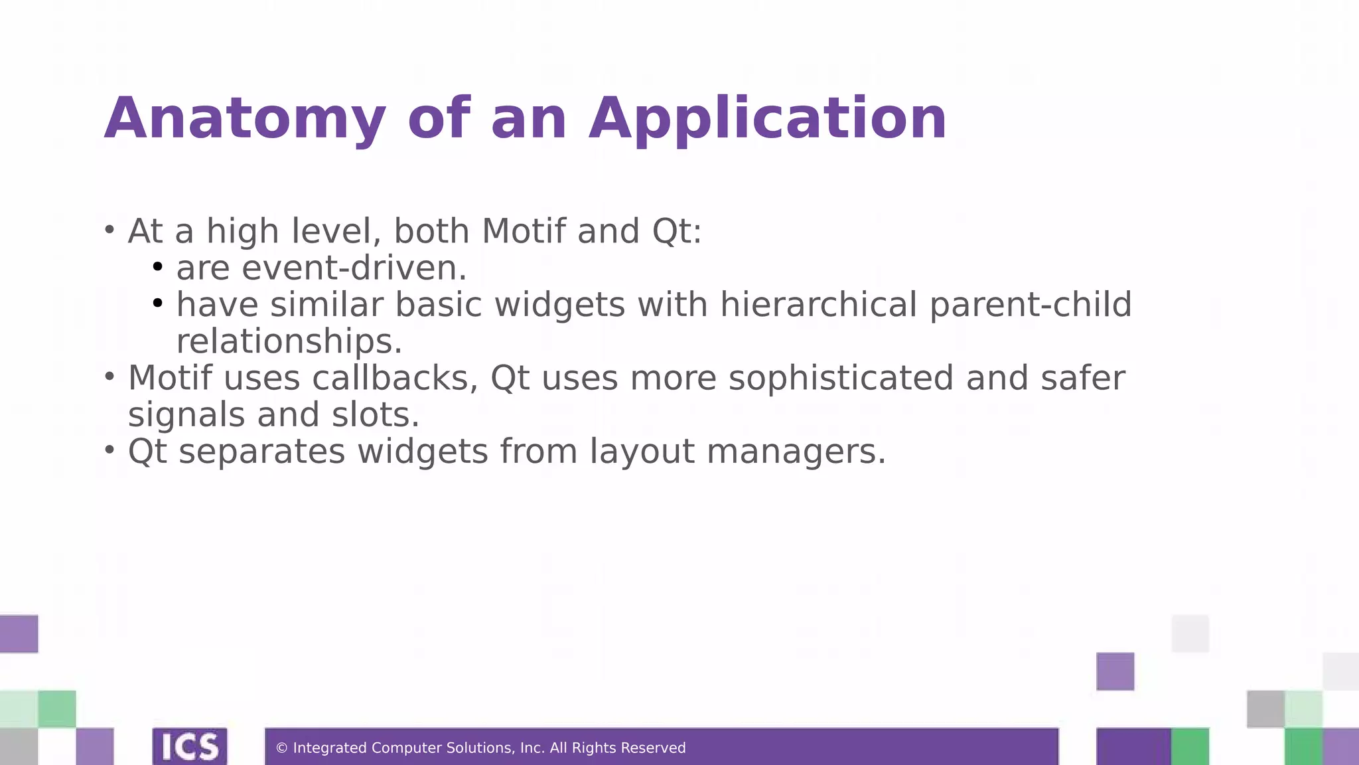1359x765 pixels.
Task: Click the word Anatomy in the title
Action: pyautogui.click(x=245, y=120)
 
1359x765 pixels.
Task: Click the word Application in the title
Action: pyautogui.click(x=768, y=120)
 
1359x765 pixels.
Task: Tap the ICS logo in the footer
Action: pyautogui.click(x=190, y=747)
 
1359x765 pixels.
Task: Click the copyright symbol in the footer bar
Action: pyautogui.click(x=281, y=748)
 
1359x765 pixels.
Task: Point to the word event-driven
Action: pyautogui.click(x=354, y=268)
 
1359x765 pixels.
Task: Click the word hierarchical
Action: pyautogui.click(x=818, y=305)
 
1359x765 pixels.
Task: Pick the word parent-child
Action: pyautogui.click(x=1031, y=305)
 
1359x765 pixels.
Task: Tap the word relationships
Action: pyautogui.click(x=289, y=342)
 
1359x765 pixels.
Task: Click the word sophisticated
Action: pyautogui.click(x=841, y=379)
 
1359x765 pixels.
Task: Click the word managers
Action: pyautogui.click(x=796, y=452)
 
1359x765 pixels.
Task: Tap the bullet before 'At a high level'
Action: pyautogui.click(x=109, y=230)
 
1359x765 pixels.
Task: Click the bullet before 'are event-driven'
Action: pyautogui.click(x=157, y=267)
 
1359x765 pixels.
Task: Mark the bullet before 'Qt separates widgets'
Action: pyautogui.click(x=109, y=450)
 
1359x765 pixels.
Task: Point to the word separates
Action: pyautogui.click(x=262, y=452)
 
